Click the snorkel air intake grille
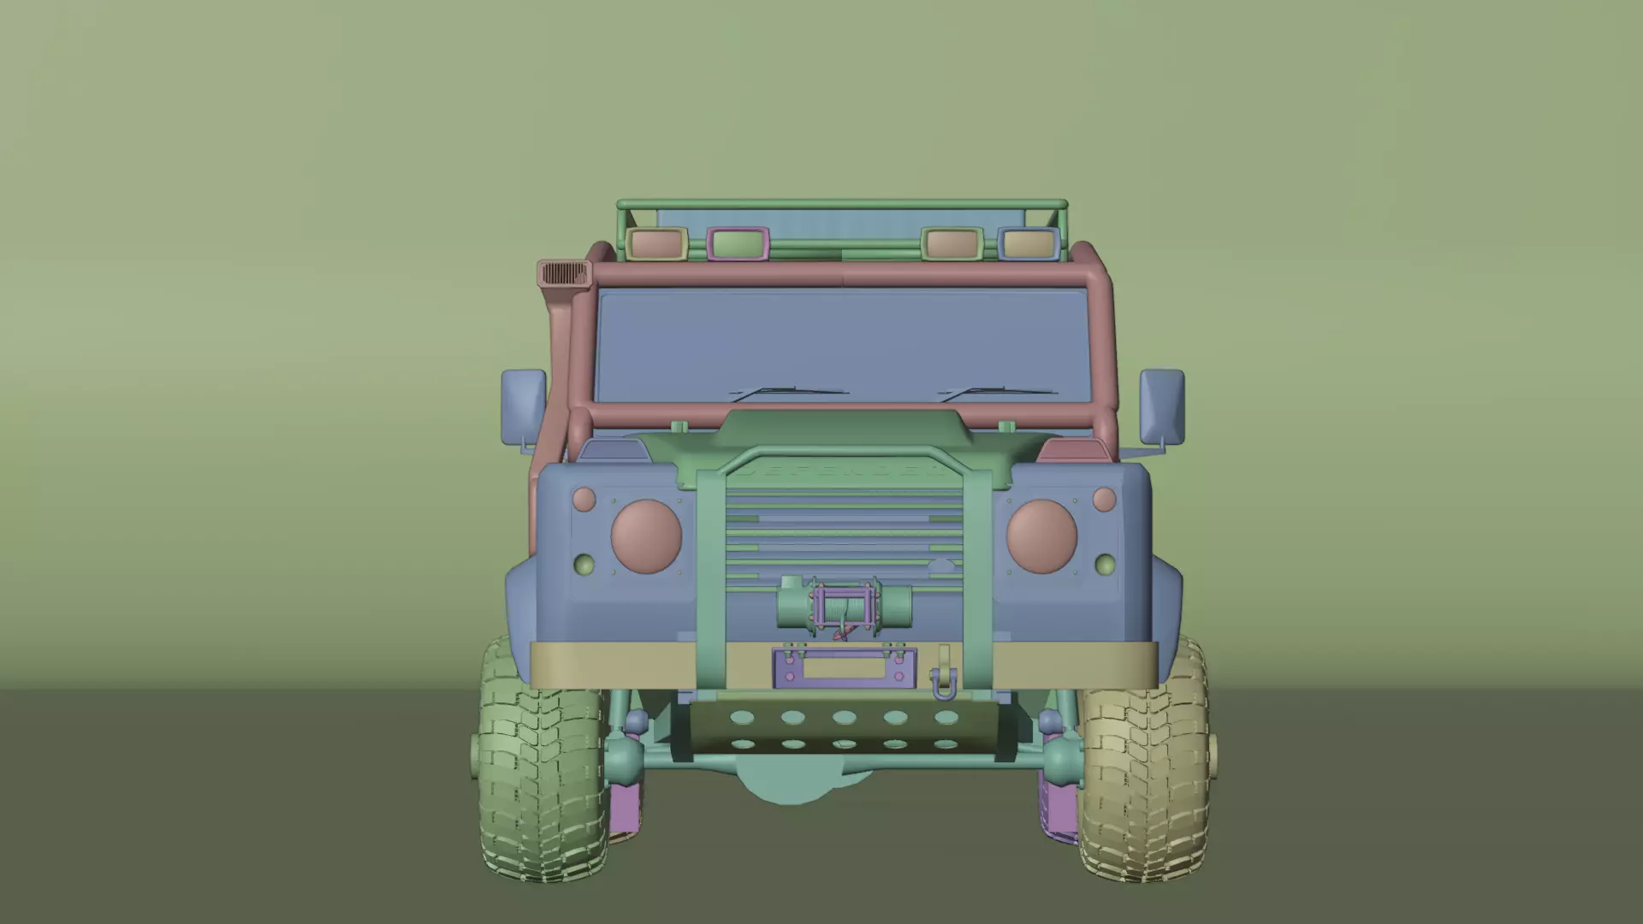565,275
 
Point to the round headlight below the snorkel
646,536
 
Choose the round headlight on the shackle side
1041,536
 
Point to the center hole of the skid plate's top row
845,717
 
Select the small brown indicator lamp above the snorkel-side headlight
584,499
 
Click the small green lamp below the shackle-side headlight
1105,565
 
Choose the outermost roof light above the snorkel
657,244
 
